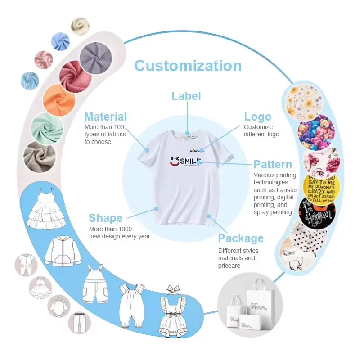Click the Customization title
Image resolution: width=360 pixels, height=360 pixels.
tap(188, 66)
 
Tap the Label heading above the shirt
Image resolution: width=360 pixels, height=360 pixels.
tap(186, 96)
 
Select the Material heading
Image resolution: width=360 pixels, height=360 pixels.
tap(106, 117)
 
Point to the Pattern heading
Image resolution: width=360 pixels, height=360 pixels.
tap(273, 164)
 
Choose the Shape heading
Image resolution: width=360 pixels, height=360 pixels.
tap(106, 218)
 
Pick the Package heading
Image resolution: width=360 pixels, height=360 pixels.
tap(241, 238)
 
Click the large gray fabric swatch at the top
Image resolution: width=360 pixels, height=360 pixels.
tap(96, 58)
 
